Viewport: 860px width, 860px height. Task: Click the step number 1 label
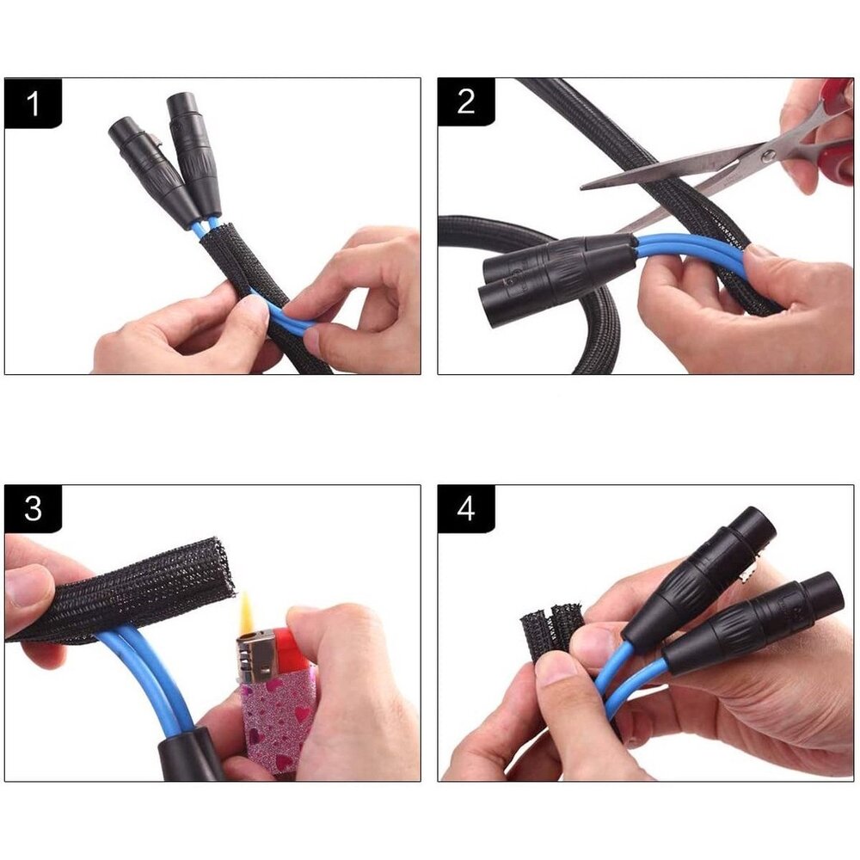click(x=33, y=103)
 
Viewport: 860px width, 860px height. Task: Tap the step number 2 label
click(x=465, y=102)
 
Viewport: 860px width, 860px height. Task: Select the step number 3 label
click(x=33, y=509)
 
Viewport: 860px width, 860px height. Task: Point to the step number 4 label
click(x=465, y=509)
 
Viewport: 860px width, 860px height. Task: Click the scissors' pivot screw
click(x=768, y=156)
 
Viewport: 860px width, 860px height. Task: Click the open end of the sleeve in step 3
click(x=224, y=566)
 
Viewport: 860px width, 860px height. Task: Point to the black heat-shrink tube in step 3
click(x=190, y=753)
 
